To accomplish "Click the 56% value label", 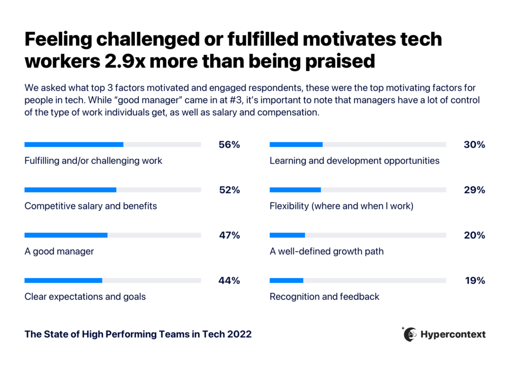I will [x=229, y=145].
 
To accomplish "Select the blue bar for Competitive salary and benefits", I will [x=70, y=190].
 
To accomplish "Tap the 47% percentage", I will [x=229, y=235].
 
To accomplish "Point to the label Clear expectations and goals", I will [x=85, y=297].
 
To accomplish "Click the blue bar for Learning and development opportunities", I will [x=296, y=145].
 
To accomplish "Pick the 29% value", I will [x=474, y=190].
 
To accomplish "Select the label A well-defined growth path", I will [x=327, y=252].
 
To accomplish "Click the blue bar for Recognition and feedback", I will [x=286, y=280].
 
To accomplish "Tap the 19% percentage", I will [x=474, y=280].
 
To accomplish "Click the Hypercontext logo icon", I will [x=410, y=334].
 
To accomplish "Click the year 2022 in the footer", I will [x=239, y=335].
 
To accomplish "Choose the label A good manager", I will [x=59, y=252].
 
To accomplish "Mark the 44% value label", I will [x=229, y=280].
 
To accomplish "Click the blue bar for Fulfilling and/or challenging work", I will [x=74, y=145].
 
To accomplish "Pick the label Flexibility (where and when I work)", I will [x=342, y=206].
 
